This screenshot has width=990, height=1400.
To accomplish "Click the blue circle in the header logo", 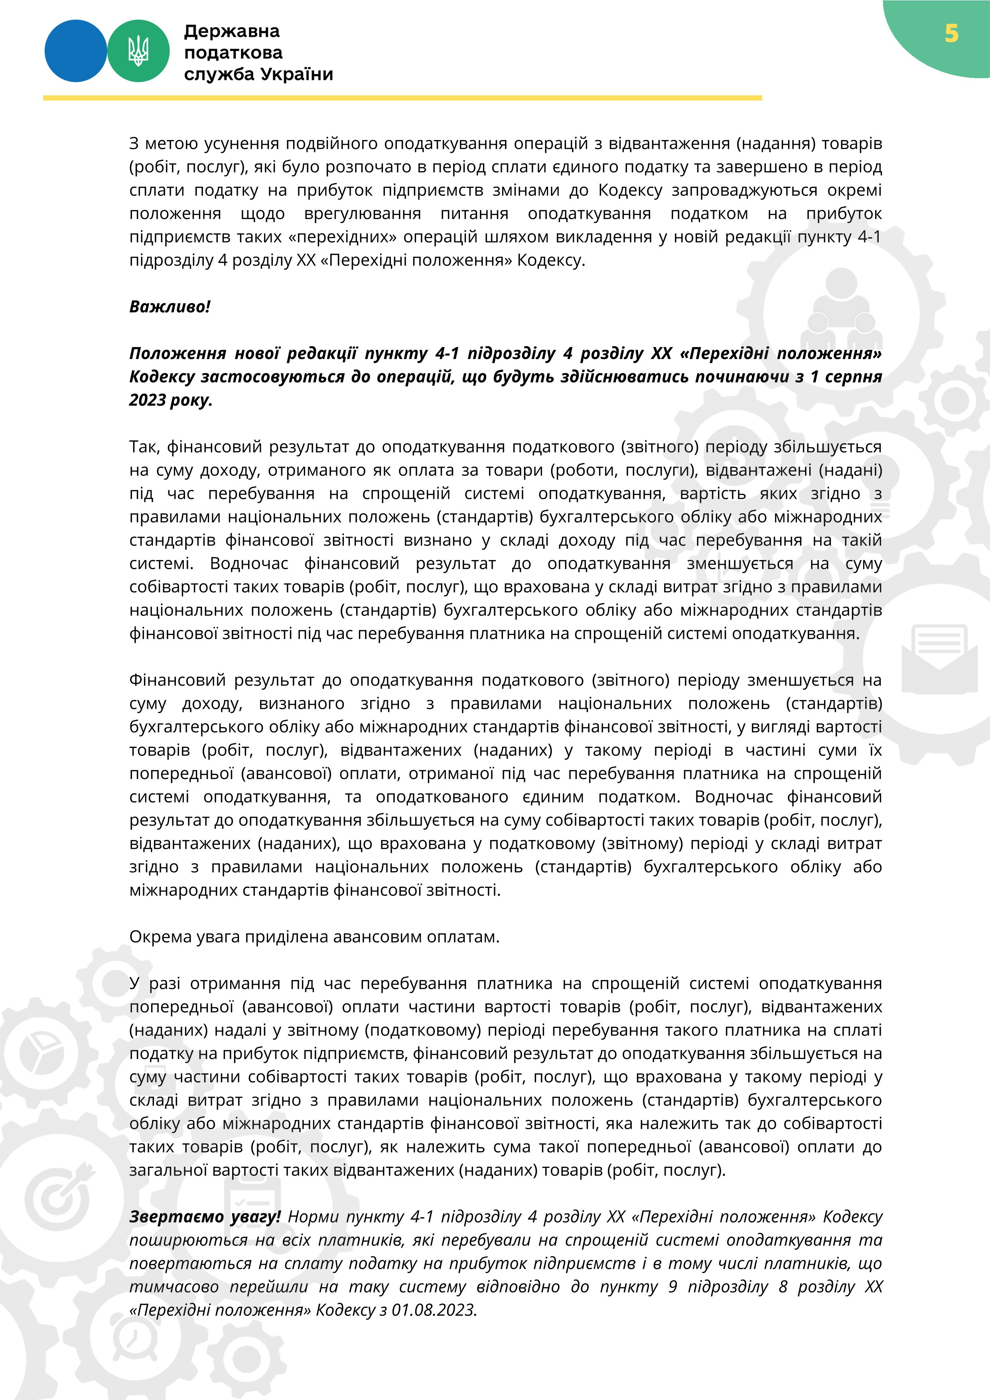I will pyautogui.click(x=75, y=51).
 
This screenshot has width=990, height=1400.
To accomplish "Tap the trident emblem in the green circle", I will pyautogui.click(x=138, y=51).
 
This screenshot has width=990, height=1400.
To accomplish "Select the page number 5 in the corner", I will pyautogui.click(x=951, y=34).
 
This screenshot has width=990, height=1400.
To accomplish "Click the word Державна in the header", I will pyautogui.click(x=232, y=31).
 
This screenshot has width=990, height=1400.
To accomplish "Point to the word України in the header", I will pyautogui.click(x=297, y=75).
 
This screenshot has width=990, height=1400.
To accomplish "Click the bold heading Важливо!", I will pyautogui.click(x=170, y=307).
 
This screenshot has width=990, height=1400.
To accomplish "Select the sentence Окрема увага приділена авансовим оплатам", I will pyautogui.click(x=314, y=937).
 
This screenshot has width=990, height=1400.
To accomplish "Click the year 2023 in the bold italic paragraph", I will pyautogui.click(x=147, y=400).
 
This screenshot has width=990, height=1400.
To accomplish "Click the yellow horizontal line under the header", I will pyautogui.click(x=402, y=98).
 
